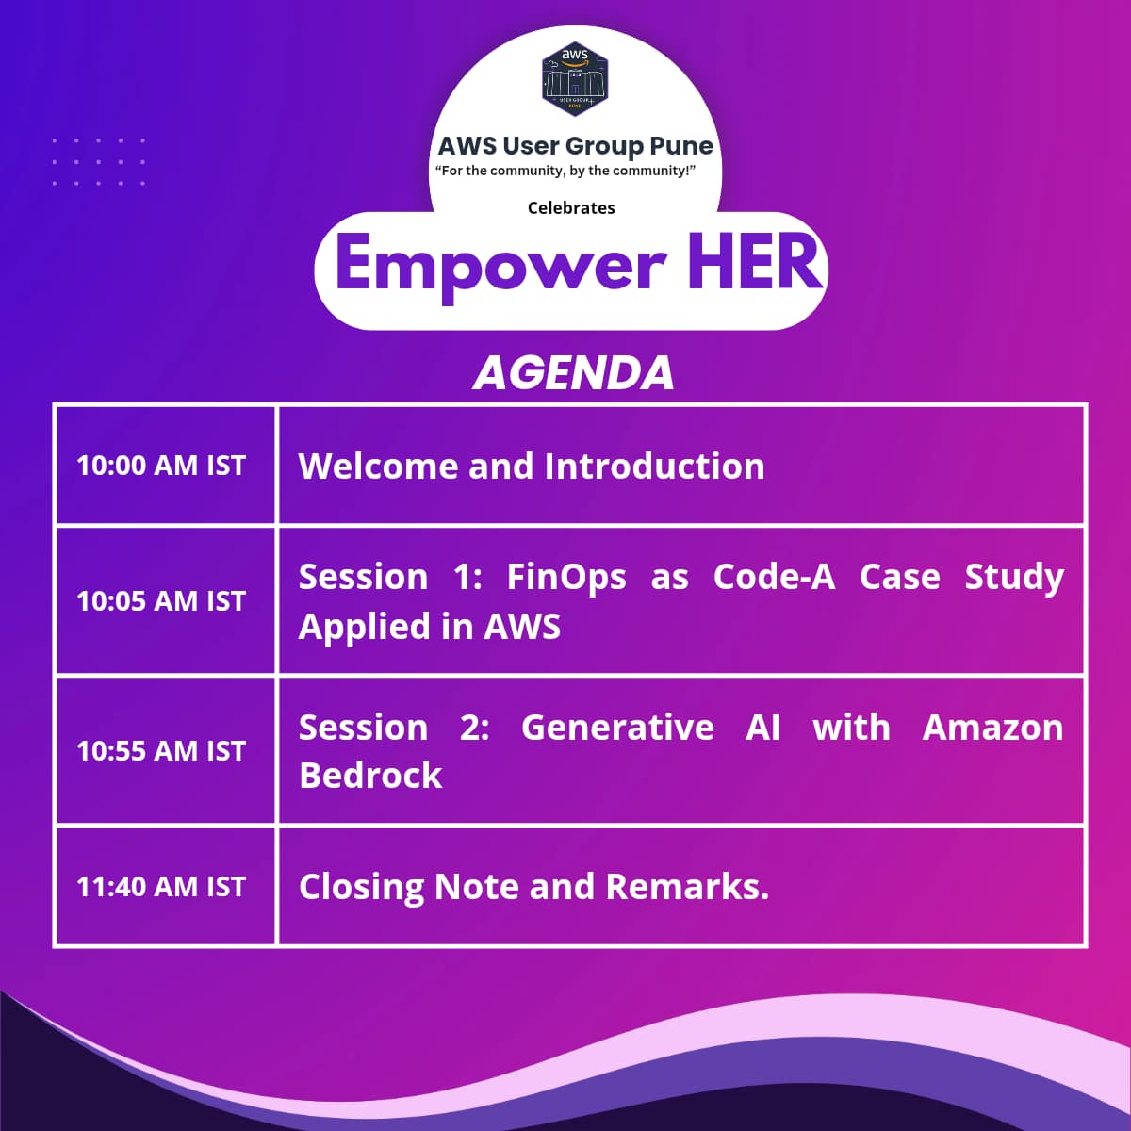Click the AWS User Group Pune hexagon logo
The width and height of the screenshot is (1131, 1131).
coord(575,79)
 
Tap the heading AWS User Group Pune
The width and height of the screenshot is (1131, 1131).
coord(575,146)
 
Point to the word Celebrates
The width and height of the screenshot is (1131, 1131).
coord(571,208)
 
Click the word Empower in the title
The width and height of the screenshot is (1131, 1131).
coord(500,264)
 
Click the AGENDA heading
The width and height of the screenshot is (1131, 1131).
coord(574,373)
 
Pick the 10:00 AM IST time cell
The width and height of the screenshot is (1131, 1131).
coord(161,466)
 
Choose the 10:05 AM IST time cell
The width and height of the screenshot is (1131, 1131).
coord(161,601)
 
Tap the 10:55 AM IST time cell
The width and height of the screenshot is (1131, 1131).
coord(161,751)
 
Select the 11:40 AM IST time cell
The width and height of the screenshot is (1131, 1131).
coord(161,887)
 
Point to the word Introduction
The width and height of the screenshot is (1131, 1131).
coord(654,467)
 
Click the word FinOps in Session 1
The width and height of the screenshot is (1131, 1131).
coord(566,578)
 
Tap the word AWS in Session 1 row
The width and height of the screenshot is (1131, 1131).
coord(522,627)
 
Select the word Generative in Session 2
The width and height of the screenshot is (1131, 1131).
coord(617,728)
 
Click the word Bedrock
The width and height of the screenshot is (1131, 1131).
coord(370,776)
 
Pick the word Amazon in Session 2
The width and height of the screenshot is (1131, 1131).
coord(992,728)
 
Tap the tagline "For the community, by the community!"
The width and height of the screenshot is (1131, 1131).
coord(565,172)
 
